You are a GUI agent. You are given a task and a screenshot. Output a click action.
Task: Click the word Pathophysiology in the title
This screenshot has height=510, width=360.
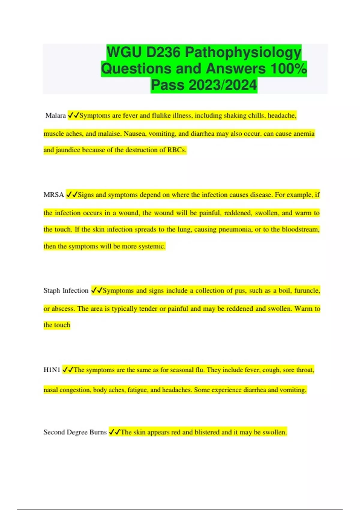click(243, 52)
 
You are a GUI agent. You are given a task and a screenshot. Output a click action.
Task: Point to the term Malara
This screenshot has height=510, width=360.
click(55, 115)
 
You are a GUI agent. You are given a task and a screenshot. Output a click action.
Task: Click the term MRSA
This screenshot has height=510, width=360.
click(54, 195)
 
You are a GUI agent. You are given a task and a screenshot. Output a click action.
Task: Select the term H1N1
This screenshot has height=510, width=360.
click(52, 370)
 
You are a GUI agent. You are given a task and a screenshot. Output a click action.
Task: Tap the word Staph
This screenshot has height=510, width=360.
click(52, 290)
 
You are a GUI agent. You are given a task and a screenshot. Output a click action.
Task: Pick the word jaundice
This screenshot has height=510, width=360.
click(68, 150)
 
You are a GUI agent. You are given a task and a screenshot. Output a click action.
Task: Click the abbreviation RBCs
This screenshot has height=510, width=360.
click(177, 150)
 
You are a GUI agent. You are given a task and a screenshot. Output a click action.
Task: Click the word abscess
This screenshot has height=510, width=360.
click(63, 309)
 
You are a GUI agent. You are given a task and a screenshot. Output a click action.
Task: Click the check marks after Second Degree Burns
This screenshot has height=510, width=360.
click(114, 432)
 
